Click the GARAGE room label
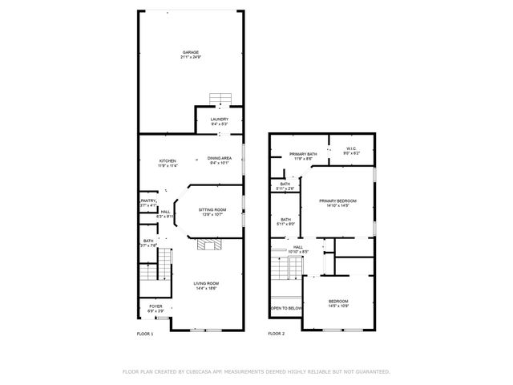pyautogui.click(x=190, y=52)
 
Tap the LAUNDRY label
pyautogui.click(x=219, y=120)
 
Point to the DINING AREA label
pyautogui.click(x=220, y=158)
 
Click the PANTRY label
pyautogui.click(x=148, y=201)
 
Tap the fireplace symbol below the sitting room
pyautogui.click(x=208, y=245)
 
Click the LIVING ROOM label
pyautogui.click(x=206, y=283)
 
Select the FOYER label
pyautogui.click(x=155, y=306)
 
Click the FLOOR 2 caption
pyautogui.click(x=277, y=333)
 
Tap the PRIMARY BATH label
pyautogui.click(x=303, y=154)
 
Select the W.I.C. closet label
pyautogui.click(x=351, y=148)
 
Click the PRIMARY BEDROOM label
pyautogui.click(x=337, y=201)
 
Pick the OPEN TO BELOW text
pyautogui.click(x=285, y=308)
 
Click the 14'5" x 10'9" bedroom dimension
pyautogui.click(x=337, y=306)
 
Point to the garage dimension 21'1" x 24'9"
pyautogui.click(x=190, y=58)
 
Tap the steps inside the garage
pyautogui.click(x=220, y=99)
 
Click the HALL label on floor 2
pyautogui.click(x=297, y=246)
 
